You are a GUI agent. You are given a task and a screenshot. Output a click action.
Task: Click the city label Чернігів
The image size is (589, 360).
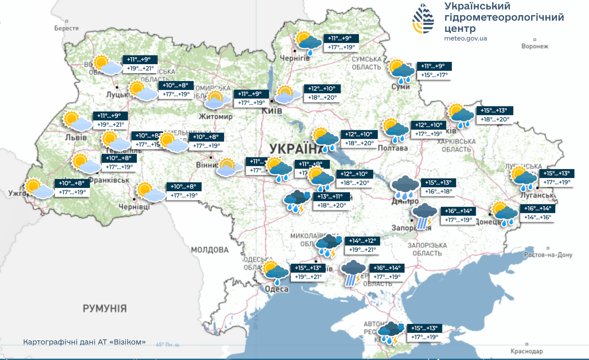click(x=294, y=57)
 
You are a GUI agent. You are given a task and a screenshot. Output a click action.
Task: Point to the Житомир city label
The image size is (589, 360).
click(x=216, y=116)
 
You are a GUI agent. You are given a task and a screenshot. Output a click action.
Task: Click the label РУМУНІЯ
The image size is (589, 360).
click(x=104, y=308)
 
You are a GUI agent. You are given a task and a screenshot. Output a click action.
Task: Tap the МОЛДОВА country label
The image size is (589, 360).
click(x=209, y=249)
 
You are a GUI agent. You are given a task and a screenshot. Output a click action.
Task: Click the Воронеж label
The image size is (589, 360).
click(x=535, y=46)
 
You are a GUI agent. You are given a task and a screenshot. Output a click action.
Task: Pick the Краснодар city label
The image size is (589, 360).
click(x=527, y=351)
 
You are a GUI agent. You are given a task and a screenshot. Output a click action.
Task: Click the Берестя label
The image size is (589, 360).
click(x=67, y=28)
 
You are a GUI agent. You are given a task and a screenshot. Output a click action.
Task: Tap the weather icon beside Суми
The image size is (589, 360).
click(x=402, y=70)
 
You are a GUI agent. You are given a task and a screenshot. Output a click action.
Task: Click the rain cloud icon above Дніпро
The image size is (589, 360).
click(x=405, y=187)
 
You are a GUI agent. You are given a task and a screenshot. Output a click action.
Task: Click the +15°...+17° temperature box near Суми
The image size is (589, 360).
click(x=434, y=75)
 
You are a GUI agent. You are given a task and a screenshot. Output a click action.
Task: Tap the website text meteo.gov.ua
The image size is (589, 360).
click(x=465, y=38)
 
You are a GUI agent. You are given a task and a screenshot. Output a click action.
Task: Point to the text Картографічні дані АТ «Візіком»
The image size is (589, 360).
click(x=84, y=342)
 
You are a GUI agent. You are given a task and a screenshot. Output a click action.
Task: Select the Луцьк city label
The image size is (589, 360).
click(x=117, y=94)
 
